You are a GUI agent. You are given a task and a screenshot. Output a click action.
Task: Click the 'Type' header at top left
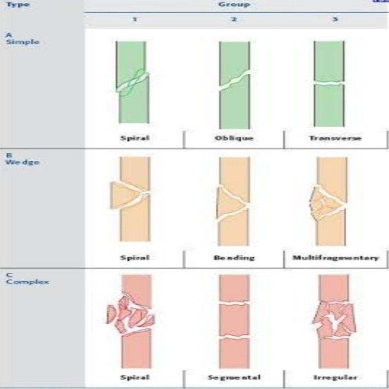18,5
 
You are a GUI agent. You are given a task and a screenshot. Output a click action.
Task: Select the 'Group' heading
234,5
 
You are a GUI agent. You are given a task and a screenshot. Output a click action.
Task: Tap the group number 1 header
135,20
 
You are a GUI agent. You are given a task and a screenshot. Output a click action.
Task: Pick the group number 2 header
234,20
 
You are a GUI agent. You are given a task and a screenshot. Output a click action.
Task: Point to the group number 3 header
335,20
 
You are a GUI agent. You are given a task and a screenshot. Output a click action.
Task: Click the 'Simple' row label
23,42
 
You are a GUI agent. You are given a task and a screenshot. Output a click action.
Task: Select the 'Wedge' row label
23,162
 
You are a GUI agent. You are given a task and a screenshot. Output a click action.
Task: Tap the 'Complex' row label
27,282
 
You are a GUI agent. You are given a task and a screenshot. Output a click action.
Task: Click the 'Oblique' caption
234,138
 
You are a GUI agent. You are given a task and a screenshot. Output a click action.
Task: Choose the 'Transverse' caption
335,138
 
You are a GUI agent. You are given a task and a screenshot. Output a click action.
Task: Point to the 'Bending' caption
234,258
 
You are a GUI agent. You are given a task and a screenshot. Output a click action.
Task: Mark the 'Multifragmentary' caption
335,258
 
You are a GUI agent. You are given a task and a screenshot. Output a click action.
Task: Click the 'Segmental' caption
234,377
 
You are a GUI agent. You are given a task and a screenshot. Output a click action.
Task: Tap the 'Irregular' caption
335,377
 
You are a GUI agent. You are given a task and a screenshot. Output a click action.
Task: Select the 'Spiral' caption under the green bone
135,138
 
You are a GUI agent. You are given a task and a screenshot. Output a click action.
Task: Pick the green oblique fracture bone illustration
234,85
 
